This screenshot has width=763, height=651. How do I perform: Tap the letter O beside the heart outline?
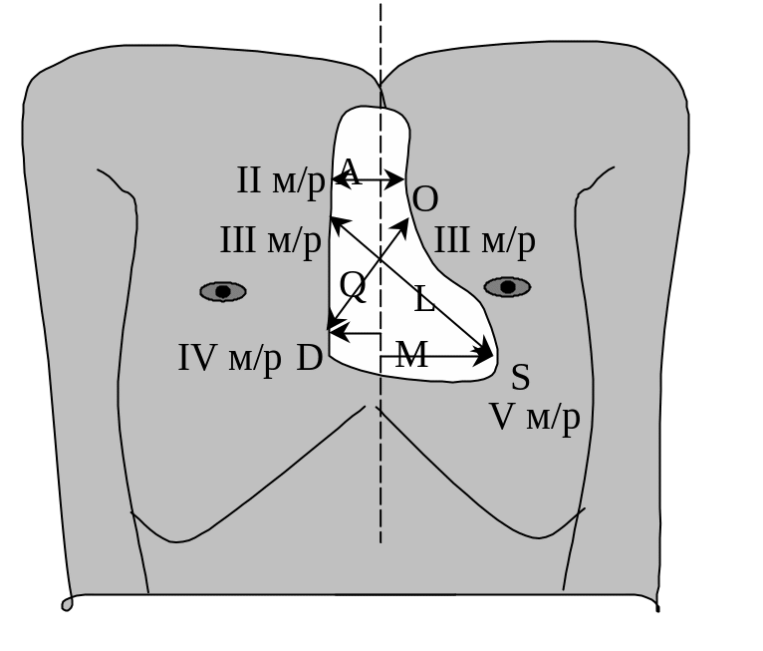coord(425,199)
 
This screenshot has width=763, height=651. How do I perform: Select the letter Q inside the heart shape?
coord(353,286)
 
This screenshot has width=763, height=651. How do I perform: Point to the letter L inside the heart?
coord(424,299)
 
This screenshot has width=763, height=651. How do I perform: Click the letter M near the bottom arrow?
coord(411,355)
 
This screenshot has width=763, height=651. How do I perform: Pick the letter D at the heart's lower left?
coord(310,359)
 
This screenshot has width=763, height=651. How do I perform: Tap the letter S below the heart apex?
coord(520,378)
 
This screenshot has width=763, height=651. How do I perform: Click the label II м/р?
coord(280,180)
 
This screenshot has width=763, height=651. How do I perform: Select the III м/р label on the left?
coord(270,240)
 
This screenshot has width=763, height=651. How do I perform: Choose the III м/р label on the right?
coord(484,240)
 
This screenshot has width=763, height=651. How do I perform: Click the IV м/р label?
coord(229,358)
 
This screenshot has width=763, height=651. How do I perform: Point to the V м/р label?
coord(535,417)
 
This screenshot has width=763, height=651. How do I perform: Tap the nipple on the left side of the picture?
coord(223,291)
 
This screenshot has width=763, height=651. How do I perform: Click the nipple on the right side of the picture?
coord(507,287)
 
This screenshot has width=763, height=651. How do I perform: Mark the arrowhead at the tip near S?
coord(487,354)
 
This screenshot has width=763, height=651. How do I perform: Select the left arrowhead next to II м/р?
coord(337,179)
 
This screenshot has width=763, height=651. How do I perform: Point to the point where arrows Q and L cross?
coord(380,261)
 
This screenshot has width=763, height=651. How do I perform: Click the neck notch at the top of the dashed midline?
coord(380,81)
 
